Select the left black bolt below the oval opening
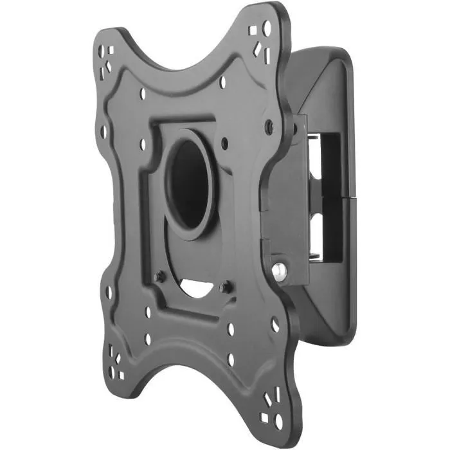pos(161,276)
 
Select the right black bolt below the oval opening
pos(226,287)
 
